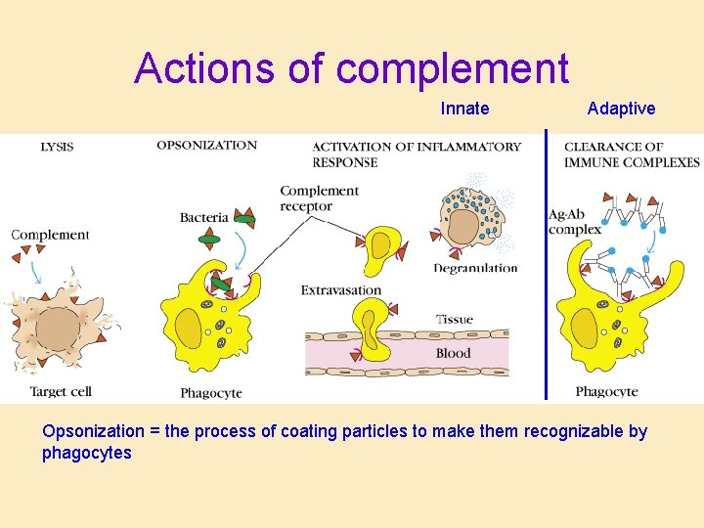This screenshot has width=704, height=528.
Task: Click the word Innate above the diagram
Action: coord(464,109)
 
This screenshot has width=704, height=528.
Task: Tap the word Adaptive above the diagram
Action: coord(621,109)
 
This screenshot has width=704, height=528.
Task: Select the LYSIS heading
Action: coord(57,148)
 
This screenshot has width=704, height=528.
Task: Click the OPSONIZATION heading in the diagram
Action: coord(206,146)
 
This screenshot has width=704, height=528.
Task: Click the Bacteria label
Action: coord(203,217)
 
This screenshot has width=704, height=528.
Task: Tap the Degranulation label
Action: coord(475,268)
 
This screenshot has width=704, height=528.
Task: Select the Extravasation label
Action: coord(341,290)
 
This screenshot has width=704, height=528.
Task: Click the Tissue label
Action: coord(454,320)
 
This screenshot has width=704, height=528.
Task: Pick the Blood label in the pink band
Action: coord(453,353)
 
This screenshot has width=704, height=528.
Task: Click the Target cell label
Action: coord(61,391)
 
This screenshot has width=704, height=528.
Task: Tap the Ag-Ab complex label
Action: coord(574,222)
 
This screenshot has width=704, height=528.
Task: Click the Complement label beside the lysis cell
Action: coord(50,235)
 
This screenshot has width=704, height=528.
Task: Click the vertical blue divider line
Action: coord(546,264)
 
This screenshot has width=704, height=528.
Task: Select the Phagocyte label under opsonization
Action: coord(211,393)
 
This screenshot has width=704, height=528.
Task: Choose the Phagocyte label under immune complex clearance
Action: coord(606,392)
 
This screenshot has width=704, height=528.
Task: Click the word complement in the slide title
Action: coord(452,68)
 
